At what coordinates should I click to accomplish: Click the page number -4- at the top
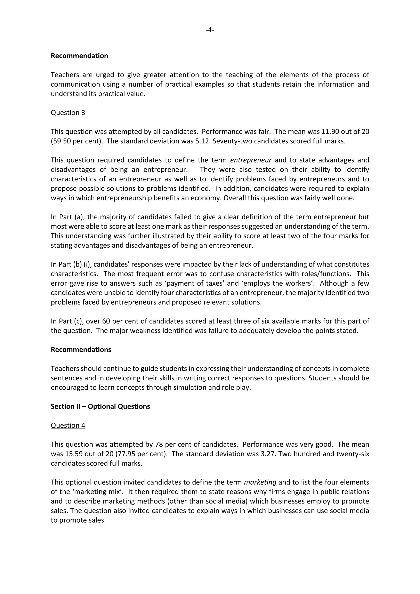click(x=210, y=30)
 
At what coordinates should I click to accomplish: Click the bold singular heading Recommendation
click(x=79, y=56)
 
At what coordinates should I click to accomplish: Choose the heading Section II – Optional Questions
click(x=100, y=406)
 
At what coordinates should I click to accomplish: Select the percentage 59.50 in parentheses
click(x=61, y=141)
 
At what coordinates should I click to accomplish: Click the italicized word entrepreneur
click(x=251, y=160)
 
